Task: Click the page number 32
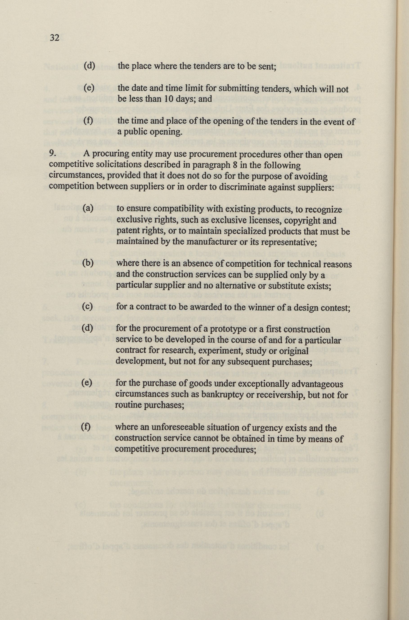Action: click(54, 38)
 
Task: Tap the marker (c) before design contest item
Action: click(88, 307)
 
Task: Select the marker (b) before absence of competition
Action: click(88, 263)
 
